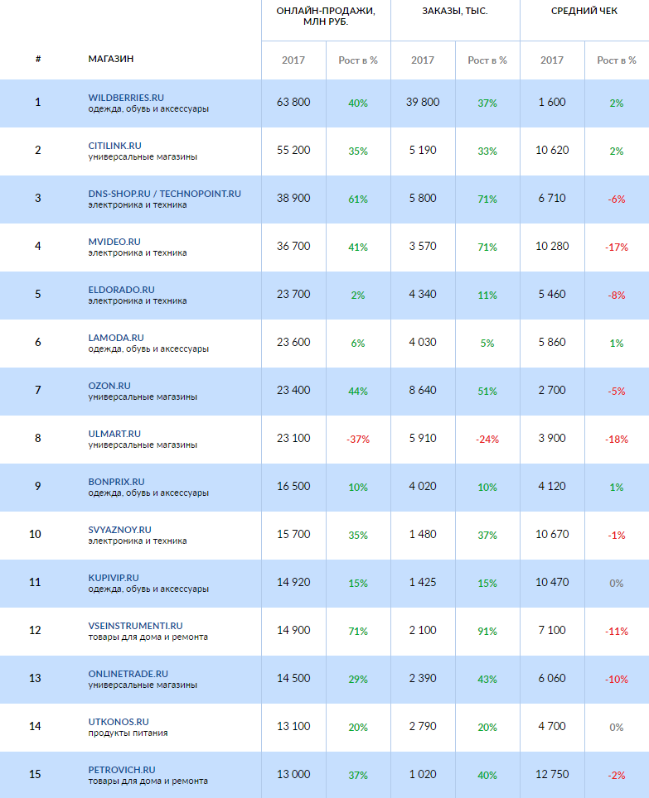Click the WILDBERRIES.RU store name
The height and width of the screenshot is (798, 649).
point(126,98)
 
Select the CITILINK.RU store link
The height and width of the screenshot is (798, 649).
point(114,146)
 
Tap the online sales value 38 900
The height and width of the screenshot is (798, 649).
point(293,199)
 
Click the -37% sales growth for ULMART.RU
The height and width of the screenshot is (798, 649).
point(358,439)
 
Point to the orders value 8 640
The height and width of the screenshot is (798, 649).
point(423,390)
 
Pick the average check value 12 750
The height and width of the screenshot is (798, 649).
point(552,774)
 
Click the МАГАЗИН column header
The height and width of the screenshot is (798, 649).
point(111,59)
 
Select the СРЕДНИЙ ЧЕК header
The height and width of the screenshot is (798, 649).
point(584,11)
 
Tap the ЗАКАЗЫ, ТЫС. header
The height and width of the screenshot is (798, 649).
point(455,11)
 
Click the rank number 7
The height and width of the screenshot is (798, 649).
point(37,390)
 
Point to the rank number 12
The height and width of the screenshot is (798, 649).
point(35,630)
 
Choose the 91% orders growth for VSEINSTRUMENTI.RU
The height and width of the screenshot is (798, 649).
point(487,632)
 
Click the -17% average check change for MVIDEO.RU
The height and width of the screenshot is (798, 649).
point(617,248)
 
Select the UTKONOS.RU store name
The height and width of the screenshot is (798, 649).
point(119,722)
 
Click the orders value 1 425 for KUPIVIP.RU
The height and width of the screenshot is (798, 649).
point(423,582)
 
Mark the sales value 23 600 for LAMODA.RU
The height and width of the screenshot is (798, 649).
point(293,342)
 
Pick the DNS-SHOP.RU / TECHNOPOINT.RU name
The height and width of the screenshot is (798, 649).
point(164,194)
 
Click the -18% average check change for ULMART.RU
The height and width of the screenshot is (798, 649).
point(617,440)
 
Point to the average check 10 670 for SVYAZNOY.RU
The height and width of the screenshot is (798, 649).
point(552,534)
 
